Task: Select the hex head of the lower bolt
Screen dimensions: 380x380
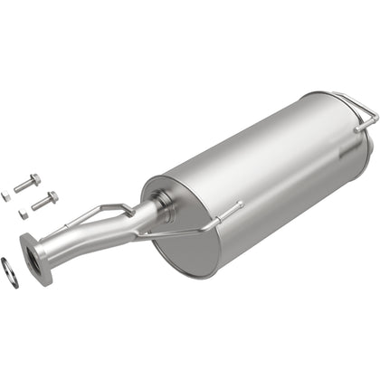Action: [x=53, y=196]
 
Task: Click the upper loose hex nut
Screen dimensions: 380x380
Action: [x=6, y=195]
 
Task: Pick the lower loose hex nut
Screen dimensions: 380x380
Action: [x=23, y=214]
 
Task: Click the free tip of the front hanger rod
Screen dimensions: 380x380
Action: [x=241, y=205]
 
